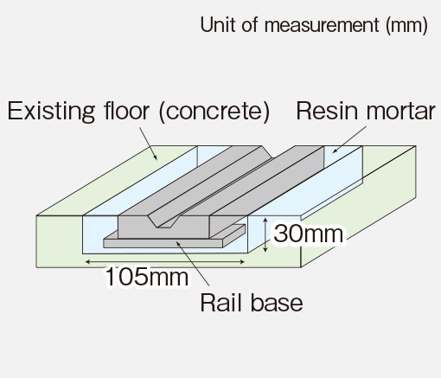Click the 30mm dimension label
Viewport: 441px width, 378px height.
309,234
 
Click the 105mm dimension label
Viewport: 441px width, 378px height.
147,276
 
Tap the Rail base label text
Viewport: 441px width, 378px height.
252,303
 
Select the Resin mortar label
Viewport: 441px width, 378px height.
366,111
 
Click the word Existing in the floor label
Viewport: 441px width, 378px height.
51,112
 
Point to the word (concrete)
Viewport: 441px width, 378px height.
214,112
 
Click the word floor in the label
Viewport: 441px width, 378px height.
126,111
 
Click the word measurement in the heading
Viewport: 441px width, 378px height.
322,25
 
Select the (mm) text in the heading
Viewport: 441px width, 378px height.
406,25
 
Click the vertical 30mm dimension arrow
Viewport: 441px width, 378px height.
265,235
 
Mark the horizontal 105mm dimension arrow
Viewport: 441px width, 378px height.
165,262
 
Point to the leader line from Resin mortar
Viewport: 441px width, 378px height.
348,139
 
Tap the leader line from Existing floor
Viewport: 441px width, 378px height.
149,144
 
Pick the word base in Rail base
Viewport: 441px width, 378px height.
277,303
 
